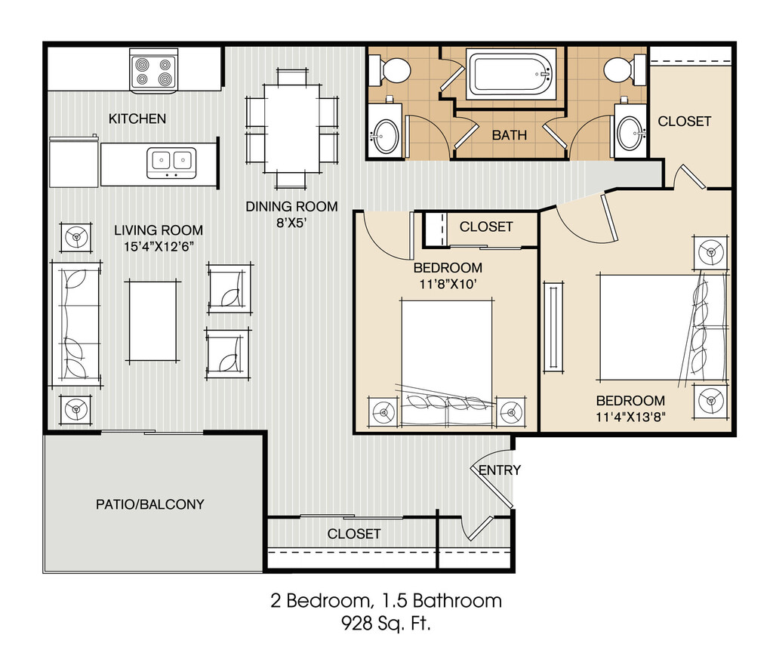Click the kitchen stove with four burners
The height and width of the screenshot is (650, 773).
153,71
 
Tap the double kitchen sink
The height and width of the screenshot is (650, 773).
171,163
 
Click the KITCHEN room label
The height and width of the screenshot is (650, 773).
137,119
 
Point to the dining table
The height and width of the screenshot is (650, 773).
292,129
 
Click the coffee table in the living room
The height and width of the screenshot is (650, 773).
152,321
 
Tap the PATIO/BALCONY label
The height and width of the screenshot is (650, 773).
150,504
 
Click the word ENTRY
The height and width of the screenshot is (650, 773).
500,470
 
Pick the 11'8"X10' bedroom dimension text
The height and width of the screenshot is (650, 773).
448,285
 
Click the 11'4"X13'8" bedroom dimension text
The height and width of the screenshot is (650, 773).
630,417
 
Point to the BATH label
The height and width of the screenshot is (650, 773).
510,135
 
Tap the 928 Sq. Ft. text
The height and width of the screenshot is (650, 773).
386,624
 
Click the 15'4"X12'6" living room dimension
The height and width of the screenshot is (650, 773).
159,247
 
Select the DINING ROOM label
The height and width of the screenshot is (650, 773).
292,207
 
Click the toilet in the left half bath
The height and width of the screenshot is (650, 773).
389,70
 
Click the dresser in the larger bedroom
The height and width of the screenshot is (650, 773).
553,327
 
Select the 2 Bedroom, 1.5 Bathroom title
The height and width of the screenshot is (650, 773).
386,601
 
